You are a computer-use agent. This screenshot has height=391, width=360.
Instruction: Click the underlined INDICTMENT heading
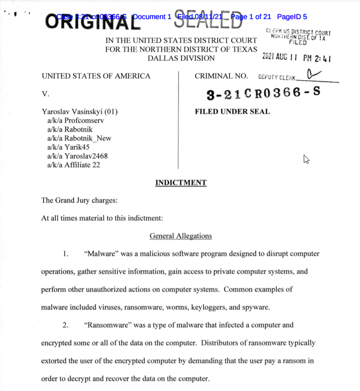click(181, 183)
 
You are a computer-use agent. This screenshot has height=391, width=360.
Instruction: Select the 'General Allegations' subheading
click(181, 236)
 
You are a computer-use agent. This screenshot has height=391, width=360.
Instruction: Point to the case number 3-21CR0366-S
click(263, 94)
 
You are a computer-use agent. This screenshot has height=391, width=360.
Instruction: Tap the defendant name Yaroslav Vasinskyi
click(80, 112)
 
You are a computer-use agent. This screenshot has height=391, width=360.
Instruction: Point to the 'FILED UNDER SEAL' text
click(232, 112)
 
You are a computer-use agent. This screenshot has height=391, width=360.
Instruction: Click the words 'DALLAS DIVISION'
click(181, 58)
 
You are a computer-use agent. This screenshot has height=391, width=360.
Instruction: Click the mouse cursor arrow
click(306, 159)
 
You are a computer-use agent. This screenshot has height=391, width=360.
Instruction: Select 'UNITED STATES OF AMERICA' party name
click(96, 76)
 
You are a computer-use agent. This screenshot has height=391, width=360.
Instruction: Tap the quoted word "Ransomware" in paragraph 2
click(107, 325)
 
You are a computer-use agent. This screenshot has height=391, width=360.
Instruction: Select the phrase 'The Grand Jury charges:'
click(79, 201)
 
